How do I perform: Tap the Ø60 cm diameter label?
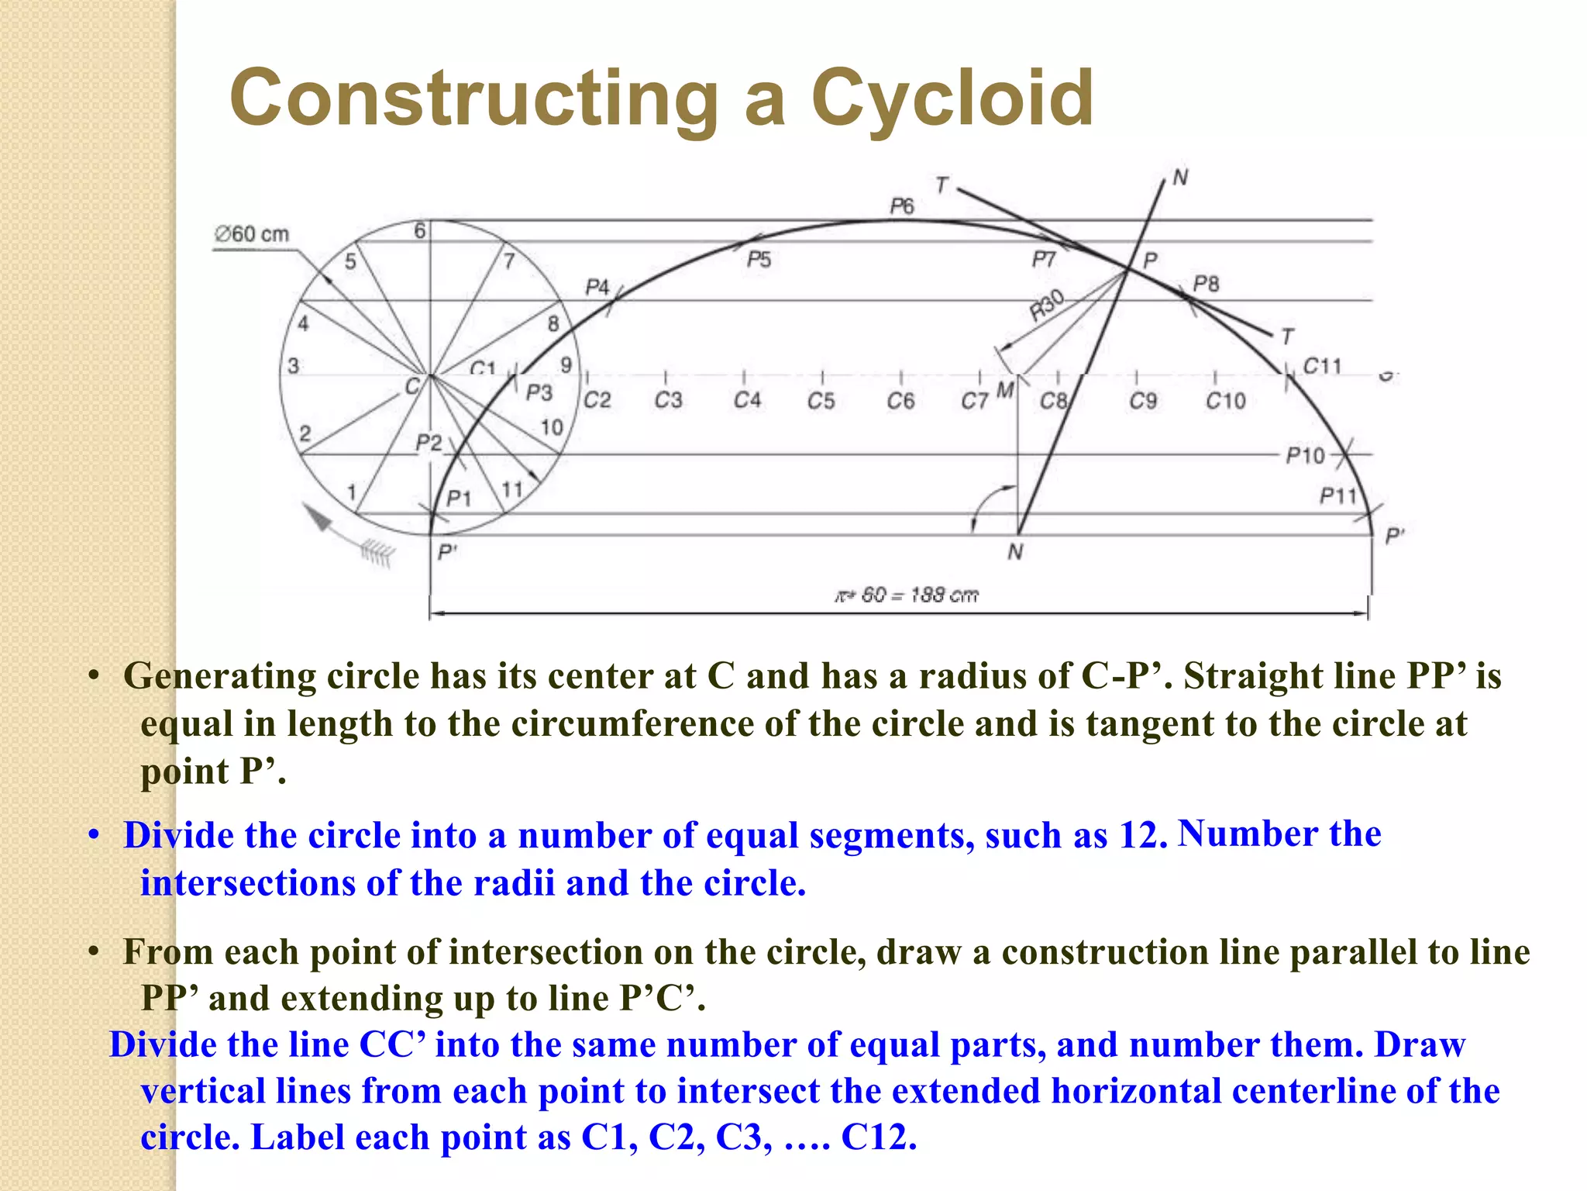point(252,234)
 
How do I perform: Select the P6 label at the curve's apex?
point(902,206)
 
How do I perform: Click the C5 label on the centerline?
point(821,401)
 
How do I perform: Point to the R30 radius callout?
point(1047,306)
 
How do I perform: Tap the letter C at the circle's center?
point(412,386)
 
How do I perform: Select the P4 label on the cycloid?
point(597,288)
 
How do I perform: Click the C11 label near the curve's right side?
point(1322,366)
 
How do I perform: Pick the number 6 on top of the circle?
point(419,231)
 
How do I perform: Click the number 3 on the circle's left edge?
point(293,366)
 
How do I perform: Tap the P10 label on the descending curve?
point(1306,456)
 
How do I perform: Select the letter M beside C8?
point(1005,390)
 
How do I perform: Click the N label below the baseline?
point(1015,552)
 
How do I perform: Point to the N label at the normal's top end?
point(1180,178)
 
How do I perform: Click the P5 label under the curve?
point(759,260)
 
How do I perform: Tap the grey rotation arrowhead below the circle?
point(317,517)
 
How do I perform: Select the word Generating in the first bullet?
point(219,676)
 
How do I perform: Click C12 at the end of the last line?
point(878,1137)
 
